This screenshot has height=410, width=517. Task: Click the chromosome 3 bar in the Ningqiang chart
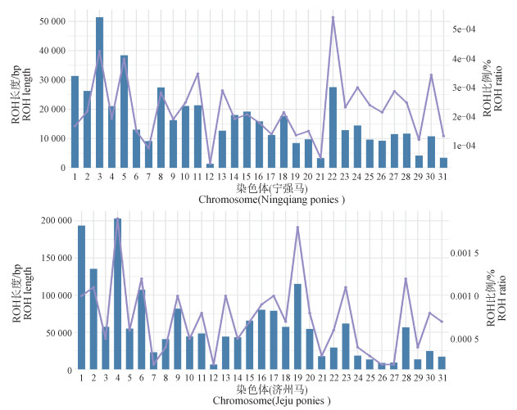pyautogui.click(x=99, y=92)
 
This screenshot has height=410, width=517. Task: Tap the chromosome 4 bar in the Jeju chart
pyautogui.click(x=118, y=294)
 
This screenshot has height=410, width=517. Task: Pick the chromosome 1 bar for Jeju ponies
pyautogui.click(x=81, y=297)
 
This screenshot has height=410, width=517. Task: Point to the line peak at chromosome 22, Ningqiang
pyautogui.click(x=333, y=17)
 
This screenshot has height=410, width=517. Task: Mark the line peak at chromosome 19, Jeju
pyautogui.click(x=297, y=227)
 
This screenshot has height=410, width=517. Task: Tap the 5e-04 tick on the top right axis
pyautogui.click(x=465, y=29)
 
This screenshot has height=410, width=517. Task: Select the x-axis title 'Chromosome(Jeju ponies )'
pyautogui.click(x=261, y=401)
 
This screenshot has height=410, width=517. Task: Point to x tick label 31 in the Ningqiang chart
pyautogui.click(x=442, y=175)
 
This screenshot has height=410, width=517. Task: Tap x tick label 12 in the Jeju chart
pyautogui.click(x=213, y=377)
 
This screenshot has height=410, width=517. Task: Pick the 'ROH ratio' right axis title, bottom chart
pyautogui.click(x=502, y=301)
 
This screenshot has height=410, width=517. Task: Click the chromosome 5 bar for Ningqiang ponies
pyautogui.click(x=124, y=111)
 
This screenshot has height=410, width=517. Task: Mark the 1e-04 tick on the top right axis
pyautogui.click(x=465, y=146)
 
